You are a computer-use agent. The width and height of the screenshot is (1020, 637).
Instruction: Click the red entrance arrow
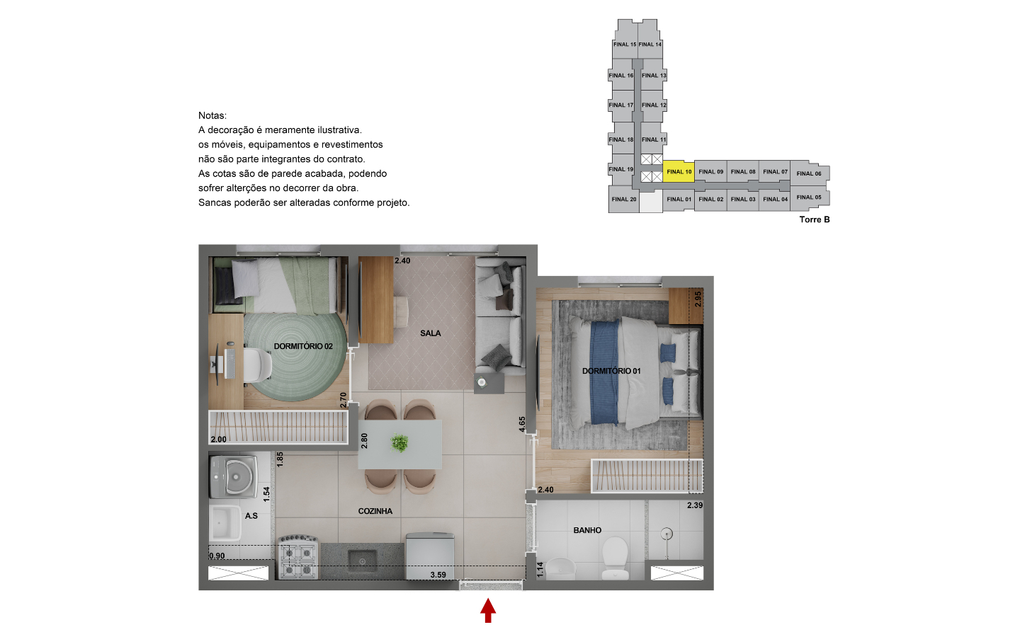click(x=487, y=611)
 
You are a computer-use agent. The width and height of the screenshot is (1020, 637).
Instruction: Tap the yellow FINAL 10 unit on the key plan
click(x=679, y=171)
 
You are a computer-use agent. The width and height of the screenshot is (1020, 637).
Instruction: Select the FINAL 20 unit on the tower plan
click(x=624, y=200)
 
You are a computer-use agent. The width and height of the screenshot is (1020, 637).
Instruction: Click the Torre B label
click(x=814, y=219)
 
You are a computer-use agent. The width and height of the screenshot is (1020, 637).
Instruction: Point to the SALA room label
click(x=431, y=333)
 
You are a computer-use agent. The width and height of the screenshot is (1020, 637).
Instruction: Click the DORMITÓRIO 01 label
click(x=611, y=371)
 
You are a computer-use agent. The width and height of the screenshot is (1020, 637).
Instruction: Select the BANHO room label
click(x=587, y=530)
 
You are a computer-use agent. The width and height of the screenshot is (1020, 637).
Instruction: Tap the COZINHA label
click(x=375, y=511)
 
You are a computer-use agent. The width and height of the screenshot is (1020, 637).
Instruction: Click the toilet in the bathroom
click(x=615, y=558)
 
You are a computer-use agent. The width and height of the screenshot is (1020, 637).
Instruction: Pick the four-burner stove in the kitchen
click(x=298, y=558)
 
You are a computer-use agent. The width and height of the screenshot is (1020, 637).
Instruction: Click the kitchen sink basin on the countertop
click(x=363, y=561)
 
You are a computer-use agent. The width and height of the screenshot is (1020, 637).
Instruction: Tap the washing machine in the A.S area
click(x=234, y=477)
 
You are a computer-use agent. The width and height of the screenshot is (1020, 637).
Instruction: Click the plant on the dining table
click(x=399, y=443)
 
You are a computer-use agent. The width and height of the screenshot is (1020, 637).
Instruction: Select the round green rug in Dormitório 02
click(x=296, y=357)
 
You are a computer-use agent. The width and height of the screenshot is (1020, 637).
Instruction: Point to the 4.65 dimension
click(x=522, y=424)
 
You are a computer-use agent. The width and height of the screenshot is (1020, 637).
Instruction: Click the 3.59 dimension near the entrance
click(x=438, y=575)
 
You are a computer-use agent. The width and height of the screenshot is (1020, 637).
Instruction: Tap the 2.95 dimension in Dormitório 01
click(x=698, y=299)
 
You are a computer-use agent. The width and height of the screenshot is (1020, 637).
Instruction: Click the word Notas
click(x=212, y=115)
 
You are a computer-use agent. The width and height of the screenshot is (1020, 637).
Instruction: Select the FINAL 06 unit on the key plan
click(x=809, y=173)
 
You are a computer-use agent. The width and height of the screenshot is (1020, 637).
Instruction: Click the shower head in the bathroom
click(x=667, y=533)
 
